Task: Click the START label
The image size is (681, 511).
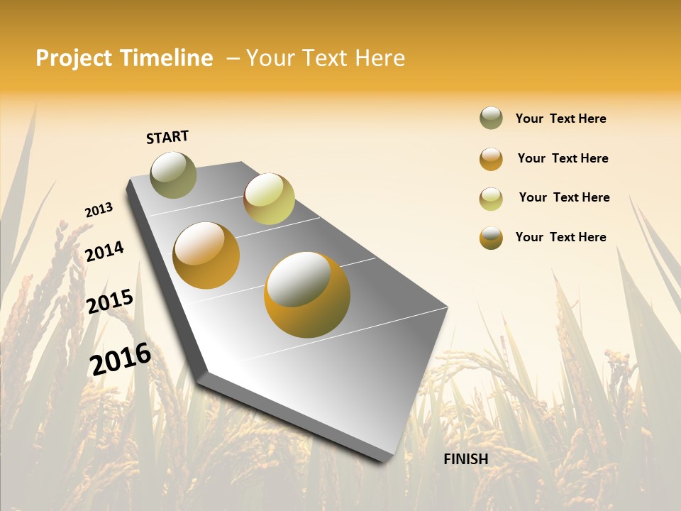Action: [x=167, y=137]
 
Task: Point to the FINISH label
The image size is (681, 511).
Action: [x=465, y=459]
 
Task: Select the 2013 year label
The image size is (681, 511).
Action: [x=99, y=210]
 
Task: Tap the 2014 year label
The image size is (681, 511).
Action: [x=104, y=251]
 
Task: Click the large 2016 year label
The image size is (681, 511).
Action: [x=120, y=358]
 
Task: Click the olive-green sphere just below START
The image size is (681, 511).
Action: [x=173, y=175]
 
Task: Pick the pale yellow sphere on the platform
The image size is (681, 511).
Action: [x=269, y=199]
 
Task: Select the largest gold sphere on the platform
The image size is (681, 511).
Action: [x=307, y=295]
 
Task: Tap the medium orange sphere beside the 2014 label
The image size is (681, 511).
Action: [x=206, y=255]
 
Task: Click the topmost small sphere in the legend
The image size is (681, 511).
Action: [x=491, y=119]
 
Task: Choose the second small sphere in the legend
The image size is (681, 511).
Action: [x=491, y=159]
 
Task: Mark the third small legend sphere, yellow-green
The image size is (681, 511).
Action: [x=491, y=199]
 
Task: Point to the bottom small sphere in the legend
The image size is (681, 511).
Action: [x=491, y=238]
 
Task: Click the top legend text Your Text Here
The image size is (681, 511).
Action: [x=560, y=119]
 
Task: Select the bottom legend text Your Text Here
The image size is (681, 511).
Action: [x=560, y=237]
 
